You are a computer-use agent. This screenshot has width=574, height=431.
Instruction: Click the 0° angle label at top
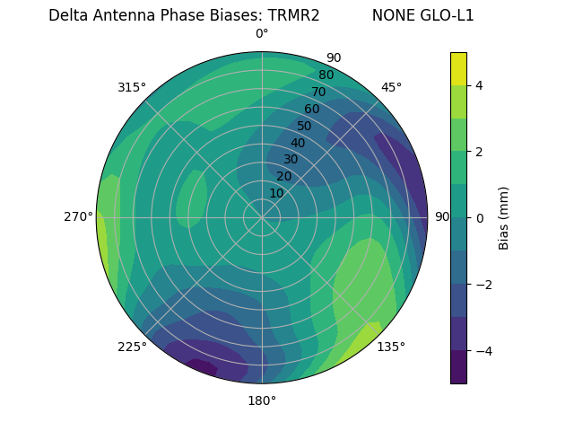(262, 34)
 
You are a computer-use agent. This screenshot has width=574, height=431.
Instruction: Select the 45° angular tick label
(391, 87)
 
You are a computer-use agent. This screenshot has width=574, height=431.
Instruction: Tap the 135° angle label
(391, 347)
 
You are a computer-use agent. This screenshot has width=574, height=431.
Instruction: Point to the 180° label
(262, 400)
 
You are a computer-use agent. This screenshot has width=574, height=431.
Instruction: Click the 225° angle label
(132, 347)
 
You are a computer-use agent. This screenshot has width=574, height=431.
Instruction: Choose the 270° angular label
(79, 216)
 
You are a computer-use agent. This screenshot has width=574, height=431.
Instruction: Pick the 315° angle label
(132, 87)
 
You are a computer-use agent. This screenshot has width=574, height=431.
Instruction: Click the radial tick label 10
(276, 193)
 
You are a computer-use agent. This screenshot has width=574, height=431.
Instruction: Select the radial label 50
(304, 126)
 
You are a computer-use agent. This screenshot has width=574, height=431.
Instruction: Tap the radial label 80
(326, 75)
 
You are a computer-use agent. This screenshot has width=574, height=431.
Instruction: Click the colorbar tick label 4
(480, 85)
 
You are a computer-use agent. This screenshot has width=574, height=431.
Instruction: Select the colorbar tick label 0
(480, 217)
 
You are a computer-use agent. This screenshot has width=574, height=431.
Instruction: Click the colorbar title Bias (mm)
(504, 218)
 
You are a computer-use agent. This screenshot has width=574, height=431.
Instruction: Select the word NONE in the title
(390, 15)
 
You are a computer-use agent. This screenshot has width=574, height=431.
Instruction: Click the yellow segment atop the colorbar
(458, 68)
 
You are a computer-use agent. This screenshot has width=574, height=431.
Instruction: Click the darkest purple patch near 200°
(202, 366)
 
